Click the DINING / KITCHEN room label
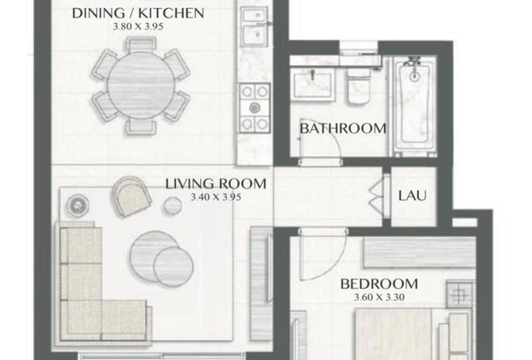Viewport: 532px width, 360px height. [138, 14]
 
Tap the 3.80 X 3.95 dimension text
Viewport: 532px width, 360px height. [138, 26]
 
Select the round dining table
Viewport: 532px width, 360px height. [140, 85]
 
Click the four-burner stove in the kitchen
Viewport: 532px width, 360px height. [255, 108]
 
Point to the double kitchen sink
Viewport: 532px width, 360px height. [255, 26]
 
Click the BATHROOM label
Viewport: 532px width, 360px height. [343, 128]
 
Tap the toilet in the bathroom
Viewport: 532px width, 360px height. [358, 86]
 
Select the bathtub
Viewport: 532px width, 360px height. [414, 105]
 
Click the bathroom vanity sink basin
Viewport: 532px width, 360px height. [312, 84]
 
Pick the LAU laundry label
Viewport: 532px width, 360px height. [413, 196]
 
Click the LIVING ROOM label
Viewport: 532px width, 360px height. [216, 184]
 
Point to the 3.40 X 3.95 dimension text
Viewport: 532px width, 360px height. [216, 198]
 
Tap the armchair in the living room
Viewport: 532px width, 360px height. [131, 196]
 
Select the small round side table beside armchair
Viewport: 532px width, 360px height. [172, 205]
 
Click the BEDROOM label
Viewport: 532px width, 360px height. [379, 284]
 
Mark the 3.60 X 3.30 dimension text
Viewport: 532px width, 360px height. [379, 298]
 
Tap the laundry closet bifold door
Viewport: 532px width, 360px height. [376, 196]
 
